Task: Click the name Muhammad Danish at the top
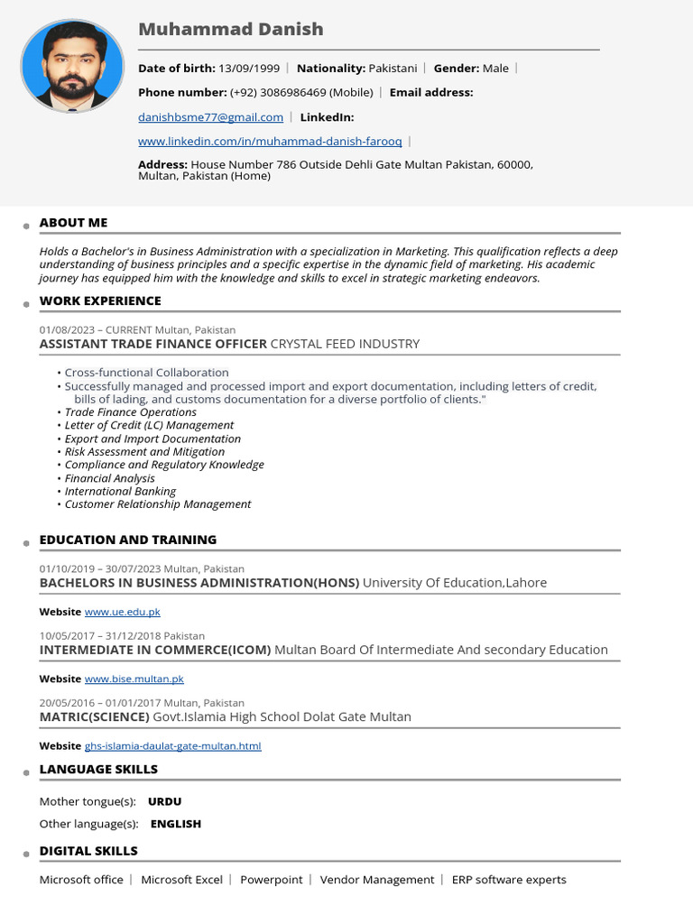pyautogui.click(x=230, y=29)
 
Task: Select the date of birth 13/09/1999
pyautogui.click(x=248, y=69)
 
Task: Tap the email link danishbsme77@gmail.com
pyautogui.click(x=210, y=117)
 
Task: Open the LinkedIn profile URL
pyautogui.click(x=270, y=142)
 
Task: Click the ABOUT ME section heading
pyautogui.click(x=73, y=223)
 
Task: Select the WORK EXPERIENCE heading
pyautogui.click(x=100, y=301)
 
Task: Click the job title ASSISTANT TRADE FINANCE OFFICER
pyautogui.click(x=153, y=344)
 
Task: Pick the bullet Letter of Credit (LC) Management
pyautogui.click(x=149, y=425)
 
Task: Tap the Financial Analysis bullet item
pyautogui.click(x=109, y=478)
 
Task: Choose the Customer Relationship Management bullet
pyautogui.click(x=158, y=504)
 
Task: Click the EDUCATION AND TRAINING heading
pyautogui.click(x=128, y=540)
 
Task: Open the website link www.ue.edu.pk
pyautogui.click(x=122, y=612)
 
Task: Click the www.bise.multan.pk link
pyautogui.click(x=134, y=679)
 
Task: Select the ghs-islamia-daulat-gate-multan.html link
pyautogui.click(x=172, y=746)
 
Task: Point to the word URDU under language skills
pyautogui.click(x=164, y=801)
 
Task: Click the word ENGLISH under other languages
pyautogui.click(x=175, y=824)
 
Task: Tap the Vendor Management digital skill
pyautogui.click(x=377, y=880)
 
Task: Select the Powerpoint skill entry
pyautogui.click(x=271, y=880)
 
